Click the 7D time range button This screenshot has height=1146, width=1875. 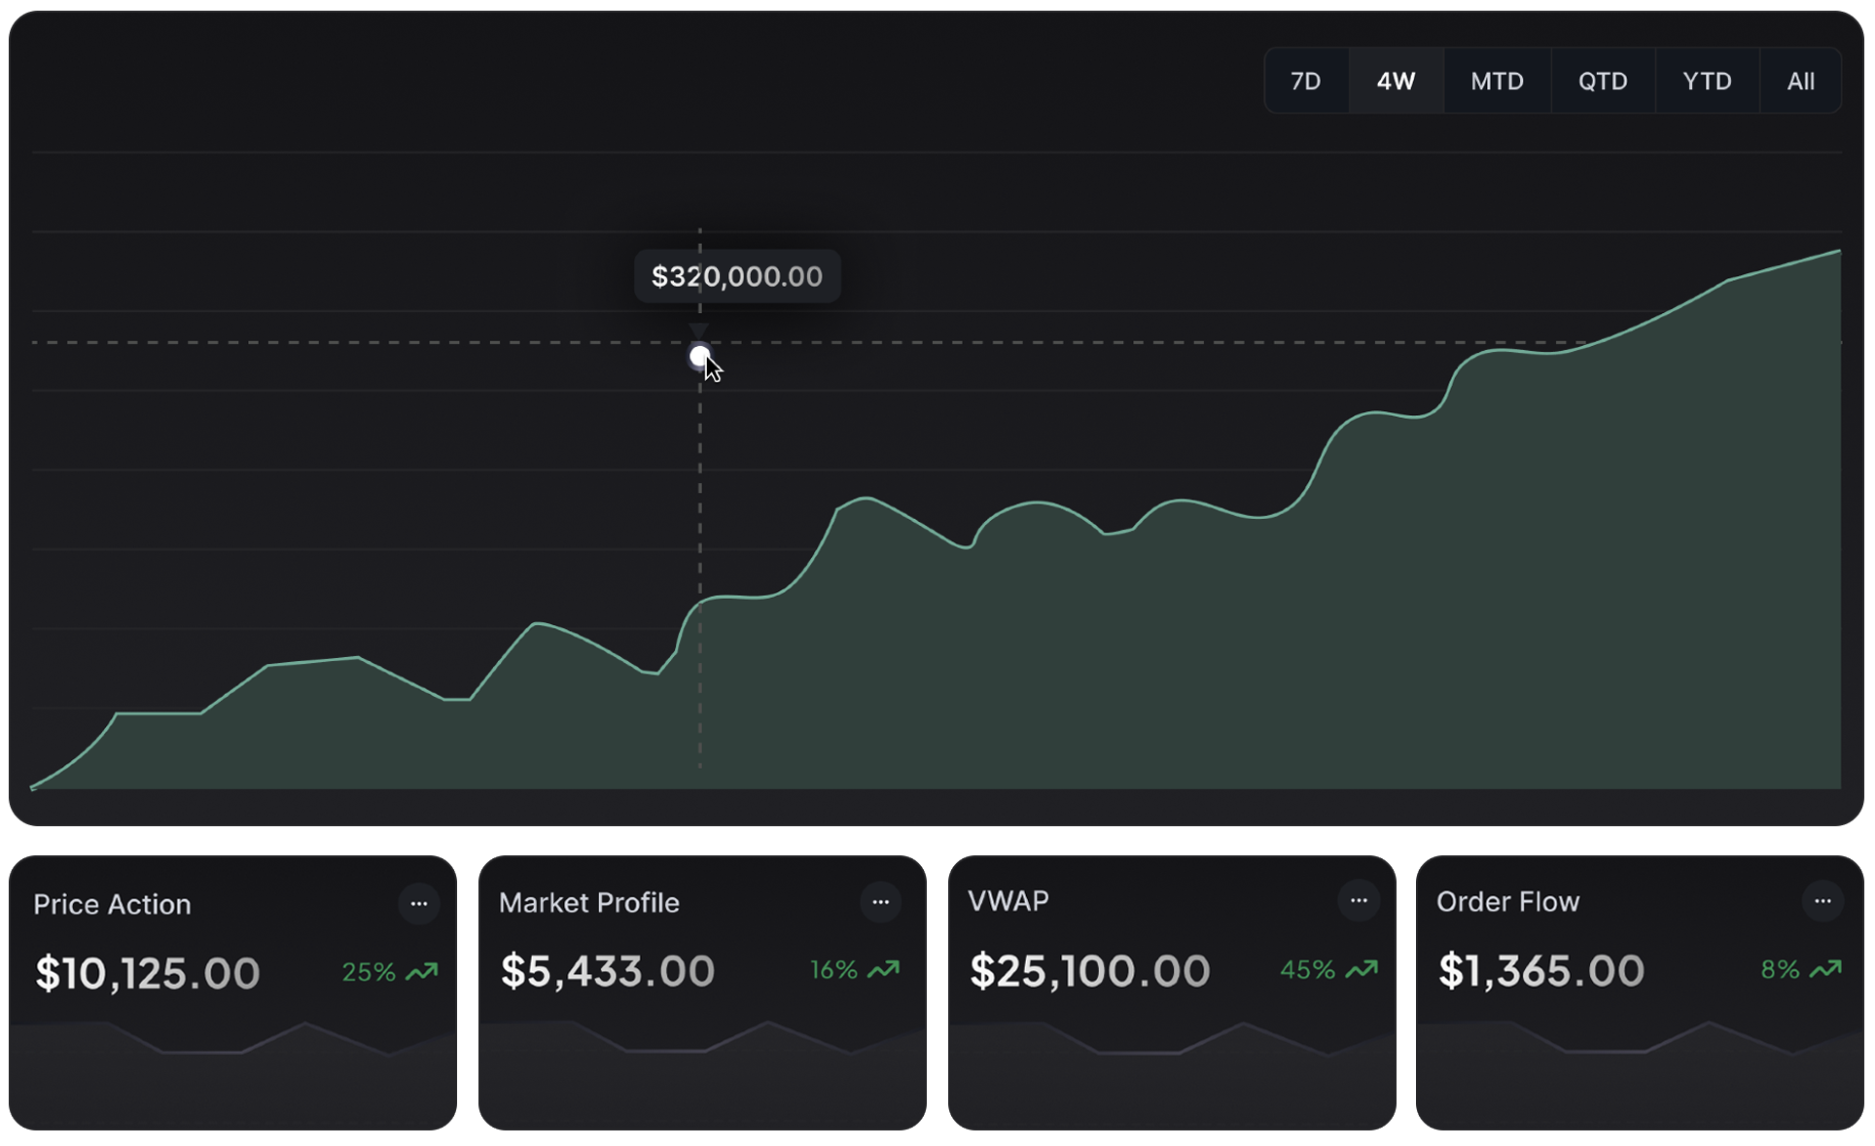[x=1305, y=81]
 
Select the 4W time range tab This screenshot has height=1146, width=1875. [x=1396, y=81]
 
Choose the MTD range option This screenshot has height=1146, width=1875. [x=1497, y=81]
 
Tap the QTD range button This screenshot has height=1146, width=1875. [x=1603, y=81]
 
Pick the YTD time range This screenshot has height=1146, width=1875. [x=1707, y=81]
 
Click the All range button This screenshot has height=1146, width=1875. [x=1800, y=81]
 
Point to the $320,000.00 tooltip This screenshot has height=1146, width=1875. [x=736, y=277]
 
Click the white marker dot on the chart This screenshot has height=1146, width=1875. [x=699, y=357]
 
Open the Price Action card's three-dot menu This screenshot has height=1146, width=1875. [x=419, y=904]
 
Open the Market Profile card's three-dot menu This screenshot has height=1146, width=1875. [x=880, y=902]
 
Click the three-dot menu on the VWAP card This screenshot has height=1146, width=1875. [x=1359, y=900]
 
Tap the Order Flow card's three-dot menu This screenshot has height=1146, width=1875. [x=1822, y=901]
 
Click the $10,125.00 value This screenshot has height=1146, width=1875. [x=147, y=973]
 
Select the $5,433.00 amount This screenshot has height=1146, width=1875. [x=608, y=971]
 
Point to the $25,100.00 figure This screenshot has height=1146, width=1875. [x=1089, y=971]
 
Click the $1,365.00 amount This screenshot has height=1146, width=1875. [x=1540, y=971]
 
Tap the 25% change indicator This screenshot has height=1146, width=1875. [x=369, y=972]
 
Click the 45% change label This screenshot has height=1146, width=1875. [x=1307, y=970]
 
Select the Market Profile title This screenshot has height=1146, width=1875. [x=588, y=903]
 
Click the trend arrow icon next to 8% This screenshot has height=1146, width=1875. [x=1825, y=969]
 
